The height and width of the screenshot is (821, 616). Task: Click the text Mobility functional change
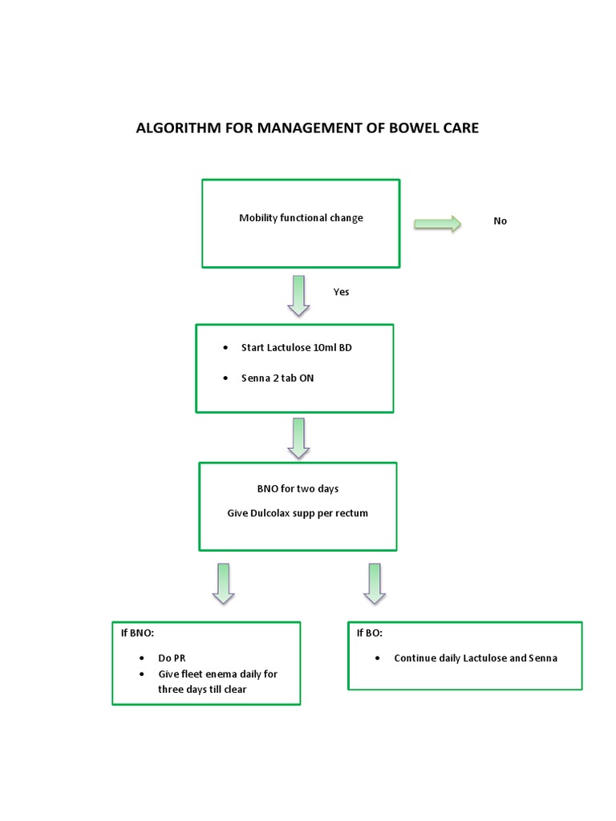[x=301, y=218]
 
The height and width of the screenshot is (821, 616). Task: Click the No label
[x=500, y=221]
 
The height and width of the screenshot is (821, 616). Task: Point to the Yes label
[x=341, y=292]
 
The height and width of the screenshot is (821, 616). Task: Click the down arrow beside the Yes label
[x=298, y=295]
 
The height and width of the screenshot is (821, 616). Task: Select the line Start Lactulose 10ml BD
[x=296, y=348]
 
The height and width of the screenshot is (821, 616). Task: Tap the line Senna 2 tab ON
[x=277, y=378]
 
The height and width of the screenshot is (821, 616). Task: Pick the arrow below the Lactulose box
[x=298, y=438]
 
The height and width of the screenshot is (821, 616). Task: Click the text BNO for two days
[x=298, y=489]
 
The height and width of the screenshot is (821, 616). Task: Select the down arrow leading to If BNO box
[x=223, y=583]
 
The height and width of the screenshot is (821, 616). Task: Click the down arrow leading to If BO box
[x=374, y=583]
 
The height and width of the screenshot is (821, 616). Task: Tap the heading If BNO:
[x=137, y=633]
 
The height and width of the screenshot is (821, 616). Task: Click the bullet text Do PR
[x=172, y=658]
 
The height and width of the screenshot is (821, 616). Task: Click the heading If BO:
[x=370, y=633]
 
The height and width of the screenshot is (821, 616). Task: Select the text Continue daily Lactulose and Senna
[x=475, y=658]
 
